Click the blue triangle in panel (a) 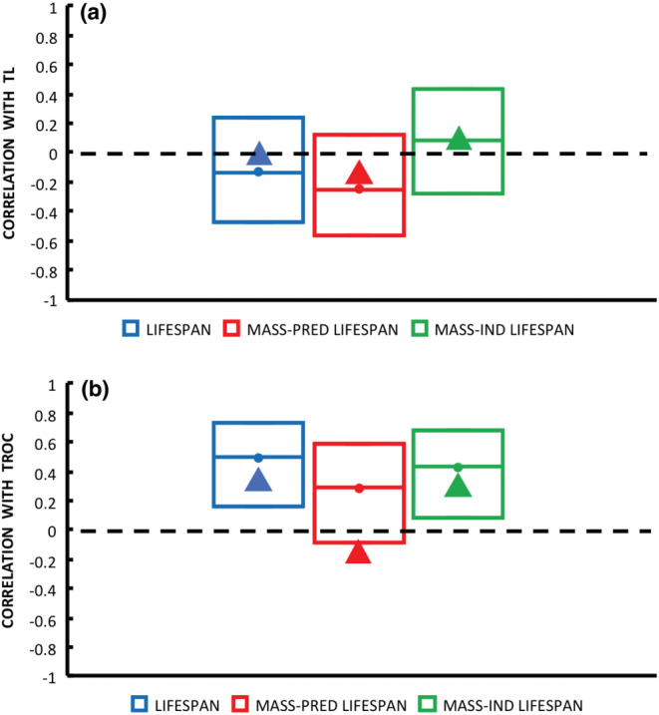pos(259,155)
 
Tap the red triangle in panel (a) pos(359,175)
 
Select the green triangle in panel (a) pos(459,140)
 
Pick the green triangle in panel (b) pos(459,487)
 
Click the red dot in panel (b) pos(359,488)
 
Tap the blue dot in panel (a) pos(258,172)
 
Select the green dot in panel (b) pos(458,467)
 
